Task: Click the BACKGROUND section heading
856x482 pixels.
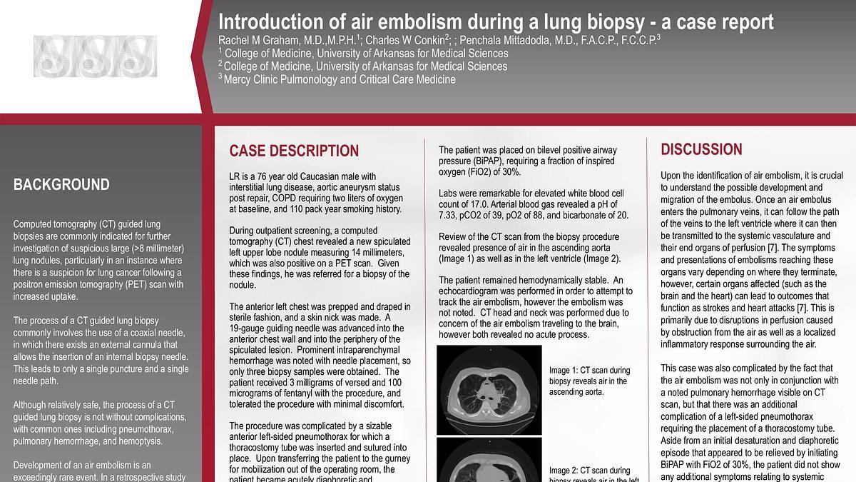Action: [61, 185]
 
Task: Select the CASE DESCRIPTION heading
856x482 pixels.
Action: [294, 151]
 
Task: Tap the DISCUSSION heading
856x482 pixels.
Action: [701, 149]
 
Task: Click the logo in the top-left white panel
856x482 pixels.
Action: [95, 58]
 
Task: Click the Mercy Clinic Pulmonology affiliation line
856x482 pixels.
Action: [340, 79]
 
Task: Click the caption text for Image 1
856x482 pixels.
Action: [589, 381]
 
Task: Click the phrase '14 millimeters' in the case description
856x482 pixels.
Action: [375, 253]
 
